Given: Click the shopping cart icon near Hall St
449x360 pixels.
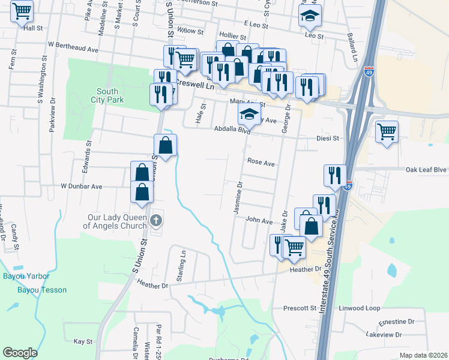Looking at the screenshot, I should point(22,10).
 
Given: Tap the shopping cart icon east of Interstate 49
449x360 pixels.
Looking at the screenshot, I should point(387,130).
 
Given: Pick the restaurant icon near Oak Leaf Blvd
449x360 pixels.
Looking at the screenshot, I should point(335,174).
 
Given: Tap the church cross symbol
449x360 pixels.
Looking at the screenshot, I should point(156,220).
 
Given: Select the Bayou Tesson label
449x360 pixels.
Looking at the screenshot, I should point(42,290).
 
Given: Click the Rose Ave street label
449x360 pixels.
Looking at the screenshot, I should point(261,162).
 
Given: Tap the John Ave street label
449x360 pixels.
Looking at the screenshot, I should point(259,221).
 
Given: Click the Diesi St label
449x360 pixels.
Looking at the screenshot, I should point(328,138).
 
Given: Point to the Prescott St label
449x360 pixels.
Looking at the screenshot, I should point(300,308).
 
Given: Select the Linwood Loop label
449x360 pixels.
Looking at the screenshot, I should point(360,308).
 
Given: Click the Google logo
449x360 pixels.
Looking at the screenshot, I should point(20,353).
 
